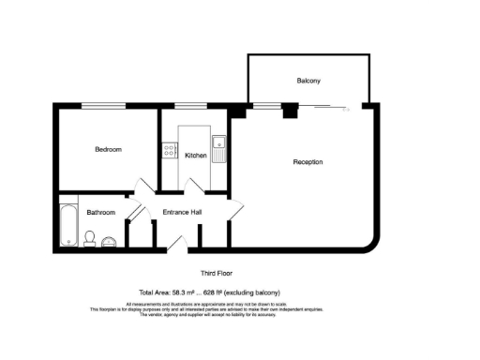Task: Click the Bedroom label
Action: point(108,149)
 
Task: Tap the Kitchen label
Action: point(195,155)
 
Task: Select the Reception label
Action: point(307,162)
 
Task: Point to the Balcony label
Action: point(308,81)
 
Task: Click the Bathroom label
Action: point(100,213)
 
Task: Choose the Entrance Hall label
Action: point(183,213)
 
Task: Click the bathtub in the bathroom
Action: point(68,225)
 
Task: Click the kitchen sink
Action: point(218,148)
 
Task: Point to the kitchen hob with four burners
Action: point(170,148)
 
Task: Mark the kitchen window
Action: point(190,104)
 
